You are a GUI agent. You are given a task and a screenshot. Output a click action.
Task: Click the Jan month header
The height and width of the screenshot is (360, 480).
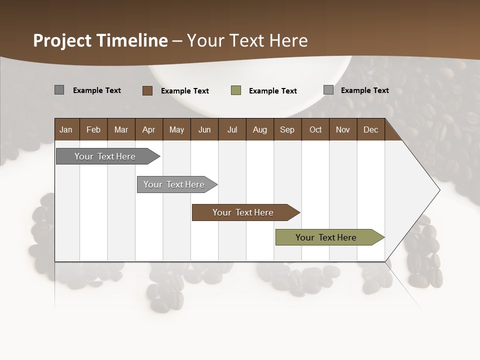[66, 129]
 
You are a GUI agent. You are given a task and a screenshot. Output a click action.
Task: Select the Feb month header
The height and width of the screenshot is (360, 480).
[93, 129]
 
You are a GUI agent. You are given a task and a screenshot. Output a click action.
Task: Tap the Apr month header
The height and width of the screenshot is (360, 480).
[148, 129]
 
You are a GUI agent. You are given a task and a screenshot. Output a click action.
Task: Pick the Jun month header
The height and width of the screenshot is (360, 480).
[204, 129]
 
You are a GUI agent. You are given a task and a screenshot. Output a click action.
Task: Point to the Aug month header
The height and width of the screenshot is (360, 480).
[259, 129]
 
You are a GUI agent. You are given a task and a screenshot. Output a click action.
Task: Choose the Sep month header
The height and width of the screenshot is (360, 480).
[287, 129]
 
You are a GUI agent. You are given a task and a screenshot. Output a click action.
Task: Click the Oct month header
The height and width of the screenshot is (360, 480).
[315, 129]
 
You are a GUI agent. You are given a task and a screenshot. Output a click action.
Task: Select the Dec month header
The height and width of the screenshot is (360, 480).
[370, 129]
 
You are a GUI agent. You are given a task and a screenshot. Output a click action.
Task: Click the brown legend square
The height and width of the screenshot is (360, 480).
[147, 90]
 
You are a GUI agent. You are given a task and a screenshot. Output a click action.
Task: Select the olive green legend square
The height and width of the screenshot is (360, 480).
[236, 90]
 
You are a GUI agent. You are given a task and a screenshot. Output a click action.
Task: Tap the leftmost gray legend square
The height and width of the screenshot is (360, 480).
[59, 90]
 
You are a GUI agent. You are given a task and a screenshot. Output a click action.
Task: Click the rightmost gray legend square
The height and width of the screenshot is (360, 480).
[328, 90]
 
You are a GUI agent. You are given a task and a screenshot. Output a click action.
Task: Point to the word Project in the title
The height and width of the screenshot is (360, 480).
[62, 40]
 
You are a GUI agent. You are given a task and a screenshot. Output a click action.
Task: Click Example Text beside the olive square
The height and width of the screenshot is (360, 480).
[272, 91]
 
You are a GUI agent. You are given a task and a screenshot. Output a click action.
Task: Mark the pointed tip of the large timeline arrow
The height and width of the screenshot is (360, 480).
[439, 189]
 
